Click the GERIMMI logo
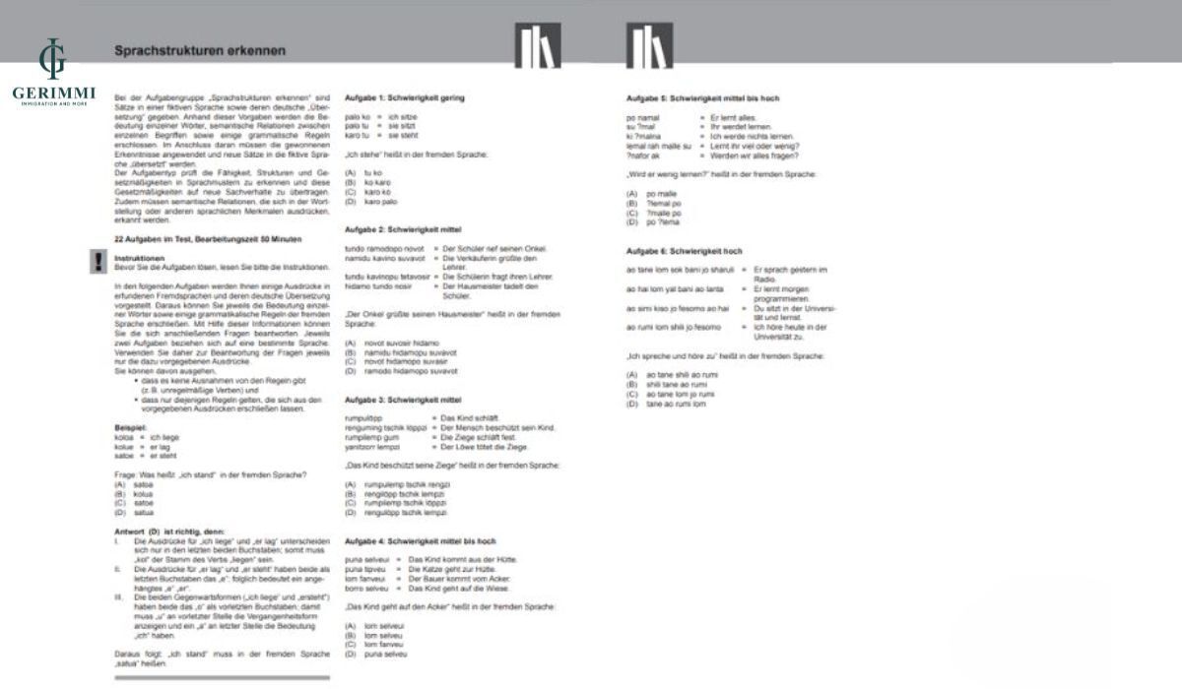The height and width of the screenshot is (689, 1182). pyautogui.click(x=51, y=74)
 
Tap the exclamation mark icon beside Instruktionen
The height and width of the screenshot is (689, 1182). pyautogui.click(x=98, y=261)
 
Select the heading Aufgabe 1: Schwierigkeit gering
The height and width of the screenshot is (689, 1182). pyautogui.click(x=404, y=98)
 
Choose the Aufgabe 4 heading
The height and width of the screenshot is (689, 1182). pyautogui.click(x=420, y=541)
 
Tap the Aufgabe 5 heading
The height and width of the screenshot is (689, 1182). pyautogui.click(x=703, y=98)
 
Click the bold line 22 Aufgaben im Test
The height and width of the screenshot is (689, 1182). pyautogui.click(x=208, y=239)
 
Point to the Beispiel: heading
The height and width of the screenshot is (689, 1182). pyautogui.click(x=131, y=429)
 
